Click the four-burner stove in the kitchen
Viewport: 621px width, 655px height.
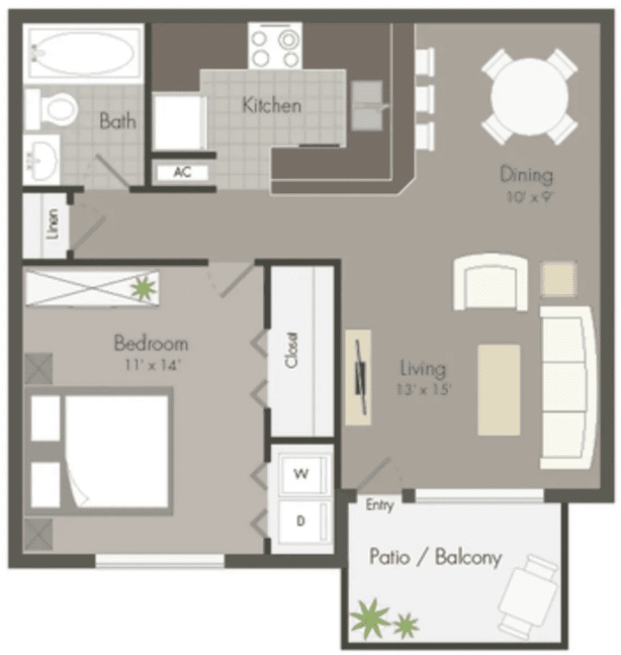point(275,46)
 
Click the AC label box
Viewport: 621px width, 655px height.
point(183,172)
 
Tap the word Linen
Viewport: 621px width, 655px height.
point(52,224)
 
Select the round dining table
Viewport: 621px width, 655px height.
point(529,97)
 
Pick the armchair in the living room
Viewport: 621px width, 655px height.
point(491,282)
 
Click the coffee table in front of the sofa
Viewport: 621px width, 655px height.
point(499,390)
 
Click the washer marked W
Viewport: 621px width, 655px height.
point(302,474)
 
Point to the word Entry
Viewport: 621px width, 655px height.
point(380,505)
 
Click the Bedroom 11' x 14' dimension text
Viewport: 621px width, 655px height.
point(152,365)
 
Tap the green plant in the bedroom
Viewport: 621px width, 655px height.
point(144,287)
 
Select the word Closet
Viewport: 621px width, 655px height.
point(292,350)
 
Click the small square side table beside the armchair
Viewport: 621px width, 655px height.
point(559,278)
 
